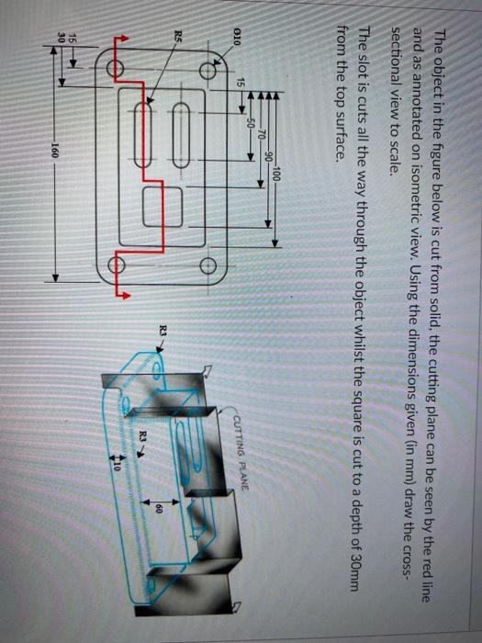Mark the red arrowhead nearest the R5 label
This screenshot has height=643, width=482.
click(117, 37)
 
